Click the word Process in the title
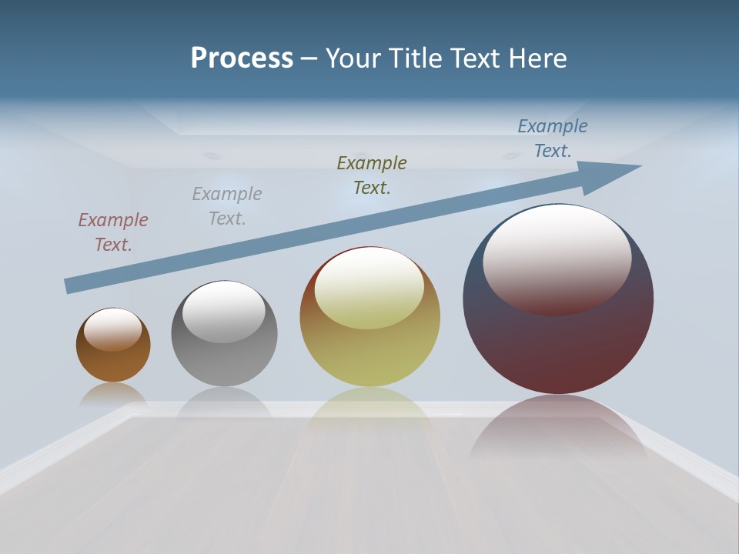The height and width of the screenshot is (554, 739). [242, 58]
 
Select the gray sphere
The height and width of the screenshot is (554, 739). [224, 362]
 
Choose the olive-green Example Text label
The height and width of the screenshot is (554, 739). [372, 175]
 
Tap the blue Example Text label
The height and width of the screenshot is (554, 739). [553, 138]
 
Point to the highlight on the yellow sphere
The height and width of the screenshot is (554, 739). [369, 288]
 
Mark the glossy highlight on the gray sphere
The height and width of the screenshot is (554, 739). [224, 311]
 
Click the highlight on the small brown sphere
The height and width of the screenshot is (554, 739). [113, 329]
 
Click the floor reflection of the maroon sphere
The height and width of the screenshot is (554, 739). [558, 431]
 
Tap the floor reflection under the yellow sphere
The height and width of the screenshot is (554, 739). [369, 412]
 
